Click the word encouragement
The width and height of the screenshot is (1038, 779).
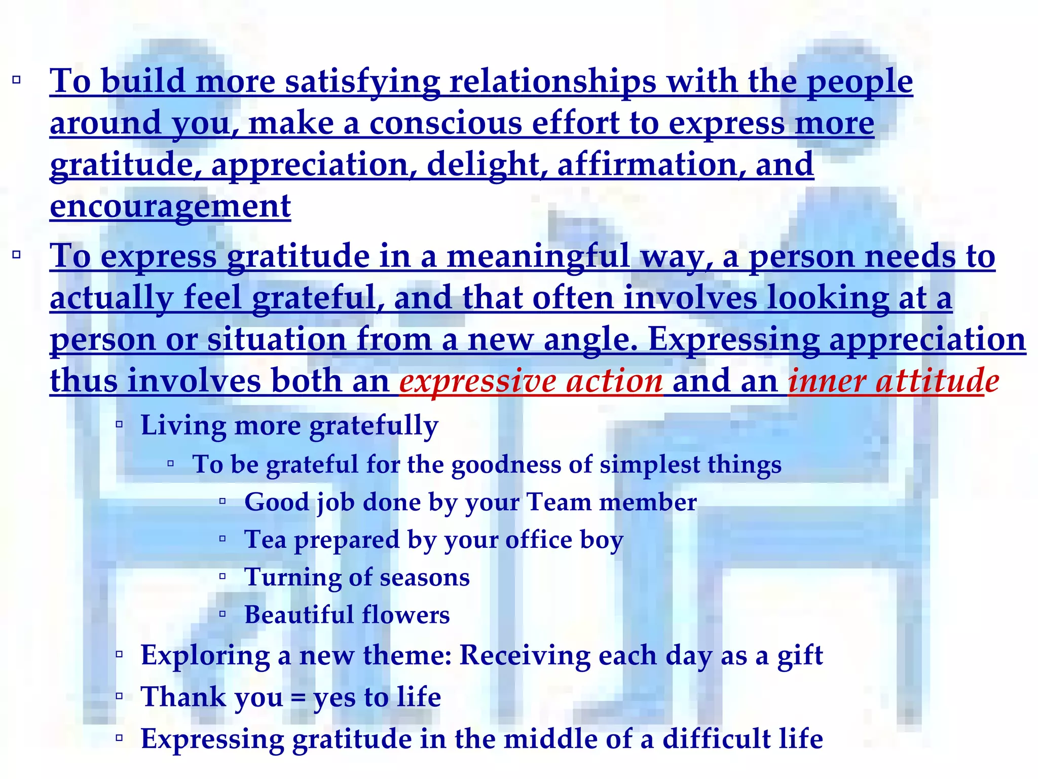[170, 207]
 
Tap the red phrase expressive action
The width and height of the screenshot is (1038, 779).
[531, 381]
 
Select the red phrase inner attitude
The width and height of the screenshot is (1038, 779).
[893, 381]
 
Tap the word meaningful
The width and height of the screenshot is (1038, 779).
[538, 256]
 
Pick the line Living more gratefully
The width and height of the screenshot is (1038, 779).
[289, 426]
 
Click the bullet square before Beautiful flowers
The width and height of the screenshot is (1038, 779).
[222, 614]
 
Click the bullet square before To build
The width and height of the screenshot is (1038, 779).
[17, 80]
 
